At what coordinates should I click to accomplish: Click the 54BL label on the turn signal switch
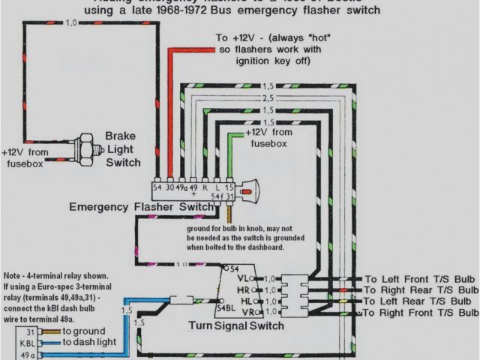[x=225, y=307]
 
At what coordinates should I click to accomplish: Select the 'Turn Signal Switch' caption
[x=236, y=326]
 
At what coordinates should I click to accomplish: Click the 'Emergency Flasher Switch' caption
[x=141, y=206]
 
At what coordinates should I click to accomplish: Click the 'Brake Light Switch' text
[x=122, y=148]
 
